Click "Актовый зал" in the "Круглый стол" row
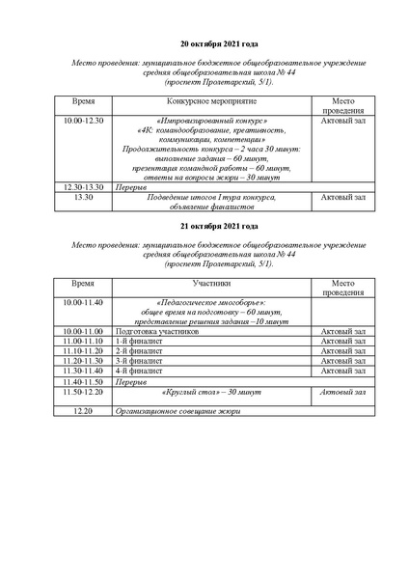(342, 392)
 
